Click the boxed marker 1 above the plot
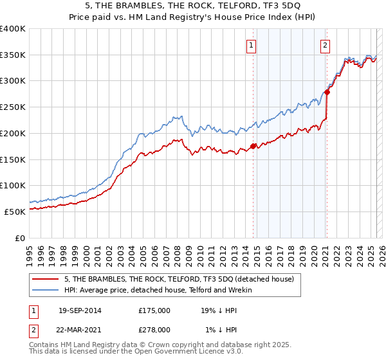point(250,45)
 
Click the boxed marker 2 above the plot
point(326,45)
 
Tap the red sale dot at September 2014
point(253,146)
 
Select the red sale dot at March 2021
point(327,92)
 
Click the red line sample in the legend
point(46,279)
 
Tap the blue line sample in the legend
point(46,290)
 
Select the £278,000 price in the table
point(154,329)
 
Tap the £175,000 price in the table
point(154,310)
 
